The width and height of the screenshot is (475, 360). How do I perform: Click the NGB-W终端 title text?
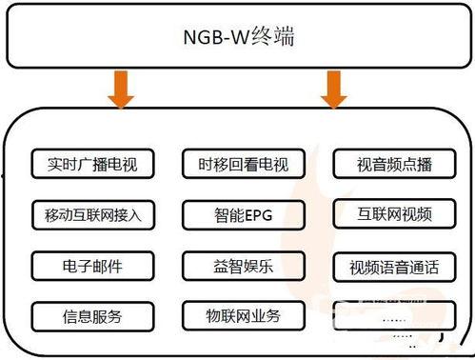[x=237, y=39]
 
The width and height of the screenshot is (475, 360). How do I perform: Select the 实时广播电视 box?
[x=91, y=165]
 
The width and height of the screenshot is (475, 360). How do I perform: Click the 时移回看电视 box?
[x=237, y=165]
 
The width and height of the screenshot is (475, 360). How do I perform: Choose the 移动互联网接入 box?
[x=91, y=214]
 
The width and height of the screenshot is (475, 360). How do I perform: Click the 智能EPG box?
[x=237, y=214]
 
